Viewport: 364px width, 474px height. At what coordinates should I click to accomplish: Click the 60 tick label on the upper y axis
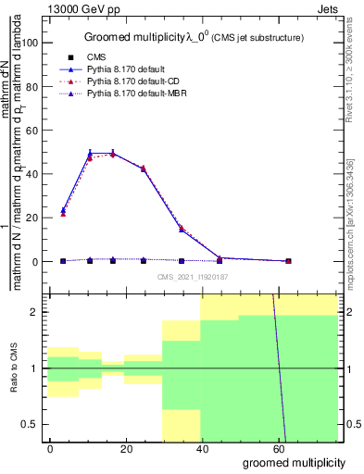click(x=31, y=131)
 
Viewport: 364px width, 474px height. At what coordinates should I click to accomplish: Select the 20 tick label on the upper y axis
click(x=31, y=218)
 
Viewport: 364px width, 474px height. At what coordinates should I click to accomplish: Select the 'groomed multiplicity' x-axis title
click(x=295, y=462)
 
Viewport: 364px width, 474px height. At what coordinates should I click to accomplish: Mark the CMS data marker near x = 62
click(x=288, y=261)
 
